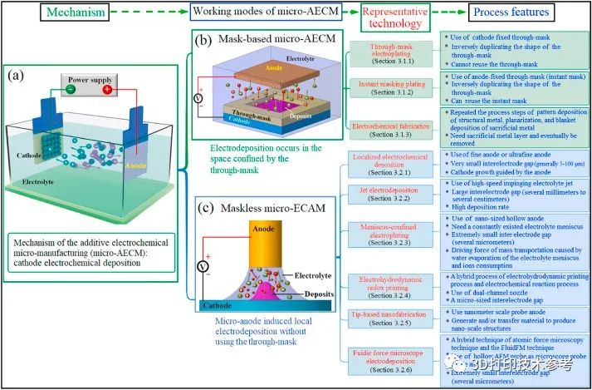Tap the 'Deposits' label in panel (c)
[x=297, y=293]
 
